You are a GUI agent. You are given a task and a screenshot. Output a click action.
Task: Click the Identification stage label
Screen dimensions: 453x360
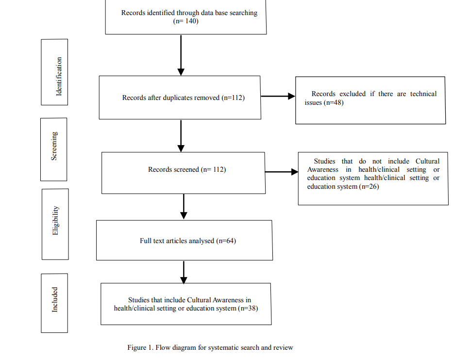59,76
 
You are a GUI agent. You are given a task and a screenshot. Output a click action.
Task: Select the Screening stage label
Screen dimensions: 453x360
54,146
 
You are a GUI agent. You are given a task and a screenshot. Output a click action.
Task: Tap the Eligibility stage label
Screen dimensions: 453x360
55,221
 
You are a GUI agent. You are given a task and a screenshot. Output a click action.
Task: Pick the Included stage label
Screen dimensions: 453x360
54,300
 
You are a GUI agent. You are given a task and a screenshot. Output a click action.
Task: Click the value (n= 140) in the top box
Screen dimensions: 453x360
186,21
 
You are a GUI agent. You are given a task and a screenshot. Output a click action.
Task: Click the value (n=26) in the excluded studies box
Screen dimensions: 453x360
369,186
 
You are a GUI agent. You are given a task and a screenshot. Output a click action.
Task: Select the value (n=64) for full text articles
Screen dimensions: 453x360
226,241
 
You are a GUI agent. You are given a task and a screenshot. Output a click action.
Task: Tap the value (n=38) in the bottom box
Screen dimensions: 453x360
248,308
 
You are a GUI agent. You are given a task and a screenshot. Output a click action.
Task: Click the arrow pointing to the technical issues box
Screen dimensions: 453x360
278,96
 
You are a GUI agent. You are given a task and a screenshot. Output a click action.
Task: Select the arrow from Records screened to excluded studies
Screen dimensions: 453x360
282,172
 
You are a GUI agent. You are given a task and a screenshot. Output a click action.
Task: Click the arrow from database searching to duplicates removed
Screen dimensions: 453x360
181,55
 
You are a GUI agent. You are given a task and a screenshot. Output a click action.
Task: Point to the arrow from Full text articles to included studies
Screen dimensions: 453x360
184,273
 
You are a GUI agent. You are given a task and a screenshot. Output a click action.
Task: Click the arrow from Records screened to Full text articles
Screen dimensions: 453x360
184,206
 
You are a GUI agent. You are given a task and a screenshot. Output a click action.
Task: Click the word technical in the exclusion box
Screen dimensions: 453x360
423,94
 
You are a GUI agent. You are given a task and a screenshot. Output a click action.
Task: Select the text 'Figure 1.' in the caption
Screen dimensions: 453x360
140,347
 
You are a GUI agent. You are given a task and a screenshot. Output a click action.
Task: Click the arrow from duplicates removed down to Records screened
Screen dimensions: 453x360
181,136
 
